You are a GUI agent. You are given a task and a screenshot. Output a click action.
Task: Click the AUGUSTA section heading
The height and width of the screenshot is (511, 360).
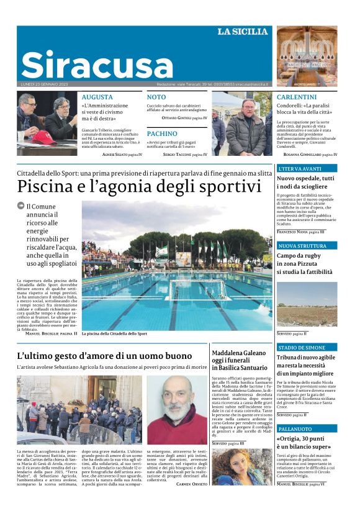[x=97, y=97]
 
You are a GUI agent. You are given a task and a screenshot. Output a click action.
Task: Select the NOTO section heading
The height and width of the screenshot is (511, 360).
[x=156, y=97]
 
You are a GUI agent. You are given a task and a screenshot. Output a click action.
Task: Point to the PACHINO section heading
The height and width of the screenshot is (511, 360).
[x=162, y=133]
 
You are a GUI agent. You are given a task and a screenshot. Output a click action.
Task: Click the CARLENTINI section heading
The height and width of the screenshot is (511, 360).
[x=297, y=97]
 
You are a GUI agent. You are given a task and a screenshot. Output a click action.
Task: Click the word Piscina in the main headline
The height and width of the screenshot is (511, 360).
[x=47, y=186]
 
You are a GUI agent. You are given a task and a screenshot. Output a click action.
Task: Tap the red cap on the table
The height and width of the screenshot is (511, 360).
[x=44, y=137]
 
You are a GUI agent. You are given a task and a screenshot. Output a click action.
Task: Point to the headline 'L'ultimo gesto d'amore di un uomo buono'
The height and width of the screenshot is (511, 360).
[x=104, y=356]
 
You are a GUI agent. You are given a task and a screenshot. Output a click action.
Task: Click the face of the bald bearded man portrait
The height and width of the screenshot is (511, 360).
[x=177, y=397]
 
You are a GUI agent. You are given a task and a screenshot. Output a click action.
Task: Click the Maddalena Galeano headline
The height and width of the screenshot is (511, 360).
[x=240, y=361]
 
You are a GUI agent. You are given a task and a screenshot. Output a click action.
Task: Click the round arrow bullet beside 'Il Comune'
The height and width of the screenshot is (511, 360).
[x=20, y=206]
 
